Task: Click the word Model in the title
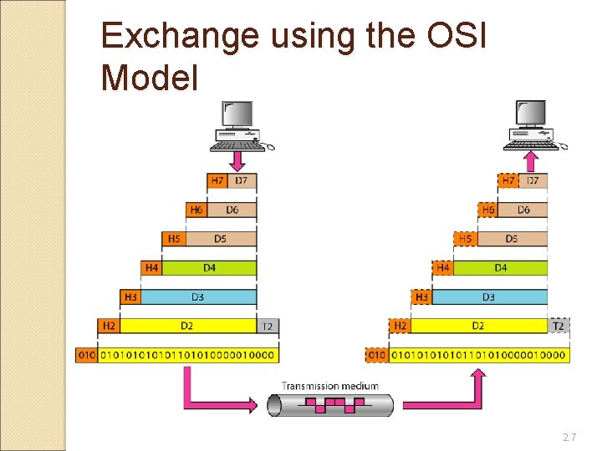point(149,79)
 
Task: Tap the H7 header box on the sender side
point(217,180)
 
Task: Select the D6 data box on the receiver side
point(523,210)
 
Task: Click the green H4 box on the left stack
point(151,268)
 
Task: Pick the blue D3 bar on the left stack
point(198,296)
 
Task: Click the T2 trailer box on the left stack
point(268,326)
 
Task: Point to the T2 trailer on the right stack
point(559,326)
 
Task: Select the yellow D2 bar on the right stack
point(478,326)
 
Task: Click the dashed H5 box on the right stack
point(466,239)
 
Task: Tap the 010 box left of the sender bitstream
point(86,355)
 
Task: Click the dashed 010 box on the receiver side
point(378,355)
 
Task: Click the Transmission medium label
point(329,386)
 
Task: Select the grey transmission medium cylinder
point(329,405)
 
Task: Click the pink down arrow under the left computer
point(237,159)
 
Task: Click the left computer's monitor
point(237,114)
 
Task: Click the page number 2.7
point(570,437)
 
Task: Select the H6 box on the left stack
point(196,210)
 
